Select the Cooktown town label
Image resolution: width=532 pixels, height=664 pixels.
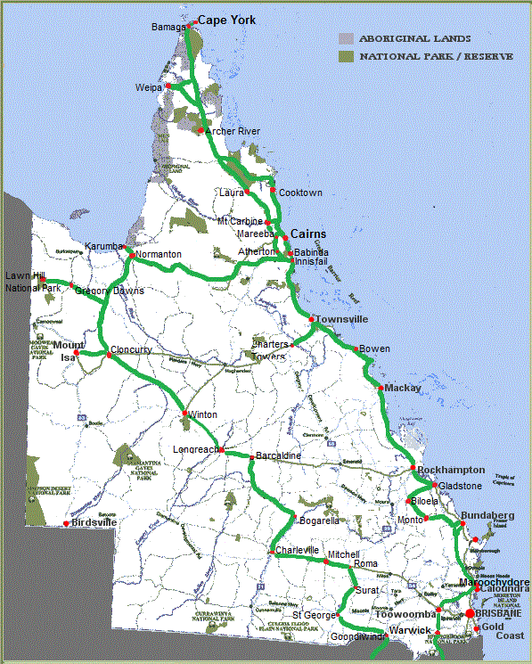(x=300, y=193)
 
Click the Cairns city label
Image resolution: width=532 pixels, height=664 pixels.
(x=308, y=234)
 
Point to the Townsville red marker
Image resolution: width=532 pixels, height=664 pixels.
(x=311, y=319)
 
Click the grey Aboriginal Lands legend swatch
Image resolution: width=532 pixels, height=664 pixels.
(x=346, y=39)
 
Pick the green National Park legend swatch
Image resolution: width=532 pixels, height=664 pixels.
(x=346, y=57)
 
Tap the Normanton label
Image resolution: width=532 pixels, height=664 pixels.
(x=160, y=254)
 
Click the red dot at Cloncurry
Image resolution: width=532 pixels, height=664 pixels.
(x=109, y=355)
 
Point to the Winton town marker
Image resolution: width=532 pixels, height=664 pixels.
(x=185, y=414)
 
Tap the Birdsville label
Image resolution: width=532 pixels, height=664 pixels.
(x=94, y=522)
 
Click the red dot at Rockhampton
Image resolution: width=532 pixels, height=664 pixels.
(x=413, y=469)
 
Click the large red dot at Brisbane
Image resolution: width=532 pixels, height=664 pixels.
(x=470, y=613)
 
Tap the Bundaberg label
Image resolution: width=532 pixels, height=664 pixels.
(x=487, y=516)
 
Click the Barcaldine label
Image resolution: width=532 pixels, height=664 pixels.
(x=278, y=456)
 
